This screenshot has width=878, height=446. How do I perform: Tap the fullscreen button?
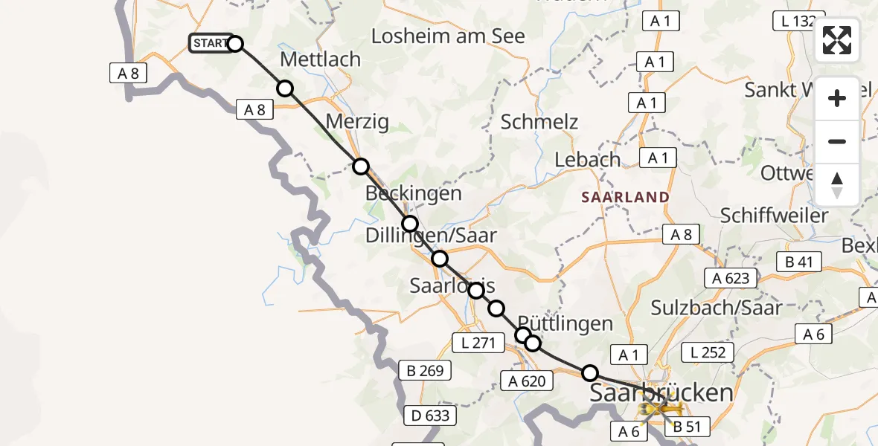(837, 40)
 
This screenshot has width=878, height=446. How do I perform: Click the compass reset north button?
(837, 185)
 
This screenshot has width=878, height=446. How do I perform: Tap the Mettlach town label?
(320, 59)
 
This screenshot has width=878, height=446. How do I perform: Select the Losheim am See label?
(448, 36)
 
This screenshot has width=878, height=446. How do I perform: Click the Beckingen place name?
(413, 193)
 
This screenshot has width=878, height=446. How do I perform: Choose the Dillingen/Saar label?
(431, 236)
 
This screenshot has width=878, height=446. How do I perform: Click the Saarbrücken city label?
(661, 392)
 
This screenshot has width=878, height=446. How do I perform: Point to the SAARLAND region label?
(625, 197)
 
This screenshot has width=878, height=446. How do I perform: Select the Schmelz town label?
(539, 122)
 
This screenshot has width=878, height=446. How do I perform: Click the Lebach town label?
(588, 160)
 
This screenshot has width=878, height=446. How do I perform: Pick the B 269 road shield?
(425, 370)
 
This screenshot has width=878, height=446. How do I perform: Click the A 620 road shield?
(527, 382)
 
